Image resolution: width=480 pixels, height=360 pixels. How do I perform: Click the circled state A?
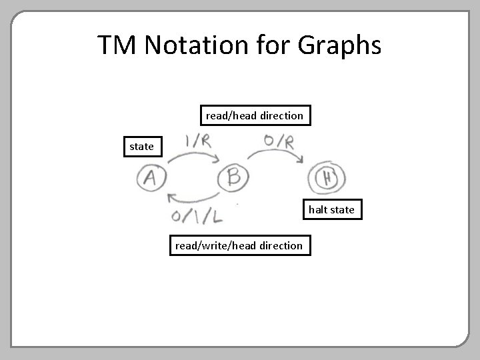pyautogui.click(x=151, y=178)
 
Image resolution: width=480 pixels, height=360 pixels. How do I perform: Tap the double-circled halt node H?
pyautogui.click(x=326, y=178)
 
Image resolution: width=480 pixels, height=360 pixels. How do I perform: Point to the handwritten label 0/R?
pyautogui.click(x=279, y=142)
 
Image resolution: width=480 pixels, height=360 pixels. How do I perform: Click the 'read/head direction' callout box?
pyautogui.click(x=254, y=116)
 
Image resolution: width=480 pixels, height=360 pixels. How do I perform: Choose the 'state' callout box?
pyautogui.click(x=141, y=146)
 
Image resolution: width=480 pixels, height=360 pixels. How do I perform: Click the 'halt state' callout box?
pyautogui.click(x=331, y=210)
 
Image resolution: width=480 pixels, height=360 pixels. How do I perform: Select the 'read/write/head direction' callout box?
pyautogui.click(x=238, y=245)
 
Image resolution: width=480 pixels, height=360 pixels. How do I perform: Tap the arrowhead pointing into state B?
pyautogui.click(x=216, y=159)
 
